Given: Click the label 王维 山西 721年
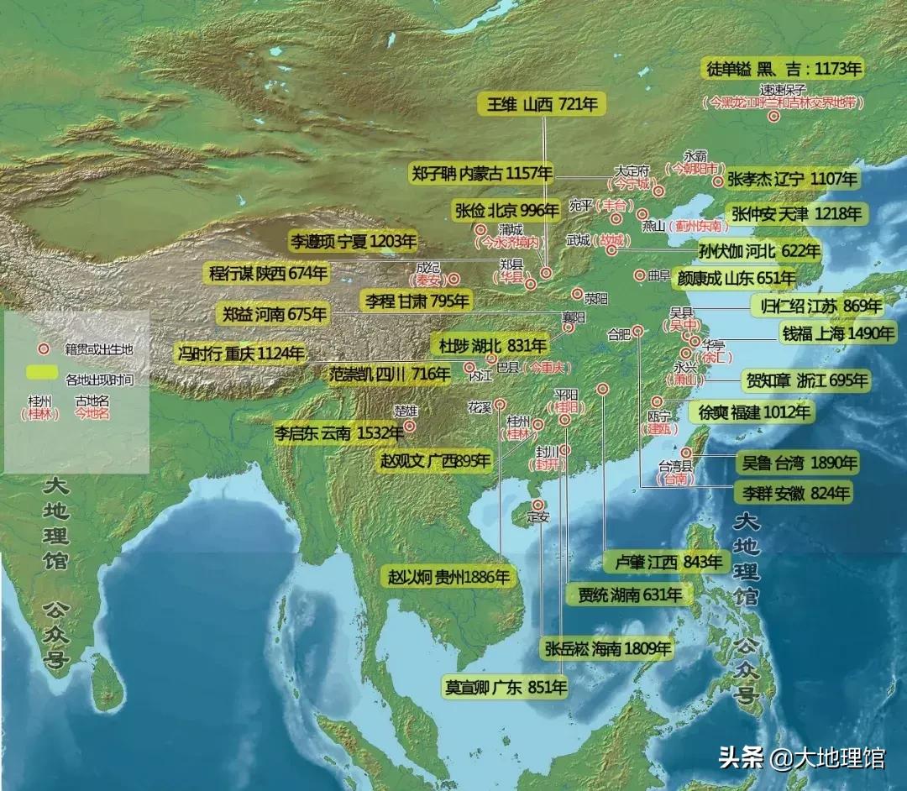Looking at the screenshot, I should [x=543, y=105].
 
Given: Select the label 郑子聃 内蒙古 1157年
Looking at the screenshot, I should [x=483, y=174].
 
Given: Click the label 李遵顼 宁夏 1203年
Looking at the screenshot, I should [x=353, y=242].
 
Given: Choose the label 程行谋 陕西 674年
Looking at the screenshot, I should [x=268, y=273].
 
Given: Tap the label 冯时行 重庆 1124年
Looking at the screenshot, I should [x=241, y=354].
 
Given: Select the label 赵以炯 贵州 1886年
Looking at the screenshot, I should [x=449, y=577].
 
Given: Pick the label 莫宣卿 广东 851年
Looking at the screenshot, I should [x=506, y=687].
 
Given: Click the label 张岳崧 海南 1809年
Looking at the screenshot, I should [x=609, y=647].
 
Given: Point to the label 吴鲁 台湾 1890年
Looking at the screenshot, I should [x=798, y=462].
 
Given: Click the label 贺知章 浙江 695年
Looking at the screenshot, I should [x=805, y=380].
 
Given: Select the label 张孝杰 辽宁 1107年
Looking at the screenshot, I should [x=792, y=179].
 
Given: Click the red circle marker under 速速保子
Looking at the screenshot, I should [x=773, y=117].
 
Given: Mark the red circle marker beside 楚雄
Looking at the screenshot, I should [x=410, y=426].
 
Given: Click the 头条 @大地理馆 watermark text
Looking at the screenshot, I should [x=801, y=757].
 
